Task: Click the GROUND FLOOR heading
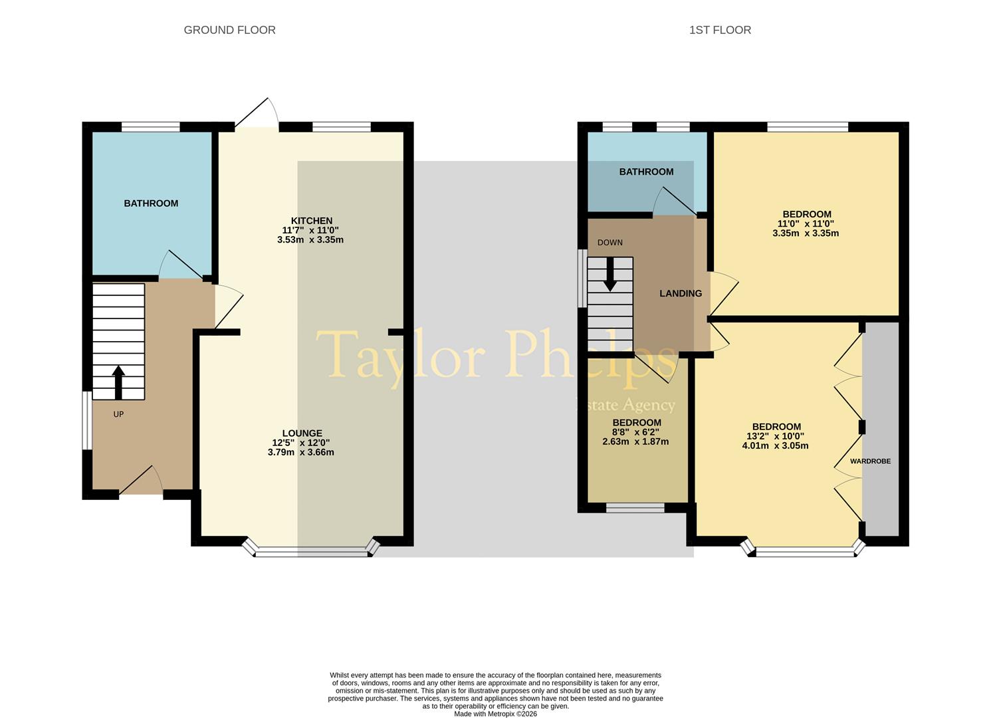[x=229, y=30]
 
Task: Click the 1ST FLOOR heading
[x=720, y=30]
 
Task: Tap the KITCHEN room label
[x=311, y=221]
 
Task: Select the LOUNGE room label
[x=302, y=433]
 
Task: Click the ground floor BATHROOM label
[x=151, y=203]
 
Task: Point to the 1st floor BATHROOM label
[x=646, y=172]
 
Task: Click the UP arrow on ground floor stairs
[x=118, y=382]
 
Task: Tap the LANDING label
[x=680, y=293]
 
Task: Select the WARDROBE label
[x=870, y=461]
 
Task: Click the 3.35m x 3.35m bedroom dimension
[x=806, y=233]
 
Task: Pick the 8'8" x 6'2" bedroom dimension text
[x=635, y=432]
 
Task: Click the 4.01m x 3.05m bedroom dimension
[x=775, y=445]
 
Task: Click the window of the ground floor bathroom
[x=150, y=126]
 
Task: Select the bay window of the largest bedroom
[x=805, y=550]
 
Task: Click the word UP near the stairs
[x=118, y=414]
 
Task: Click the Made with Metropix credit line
[x=495, y=714]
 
